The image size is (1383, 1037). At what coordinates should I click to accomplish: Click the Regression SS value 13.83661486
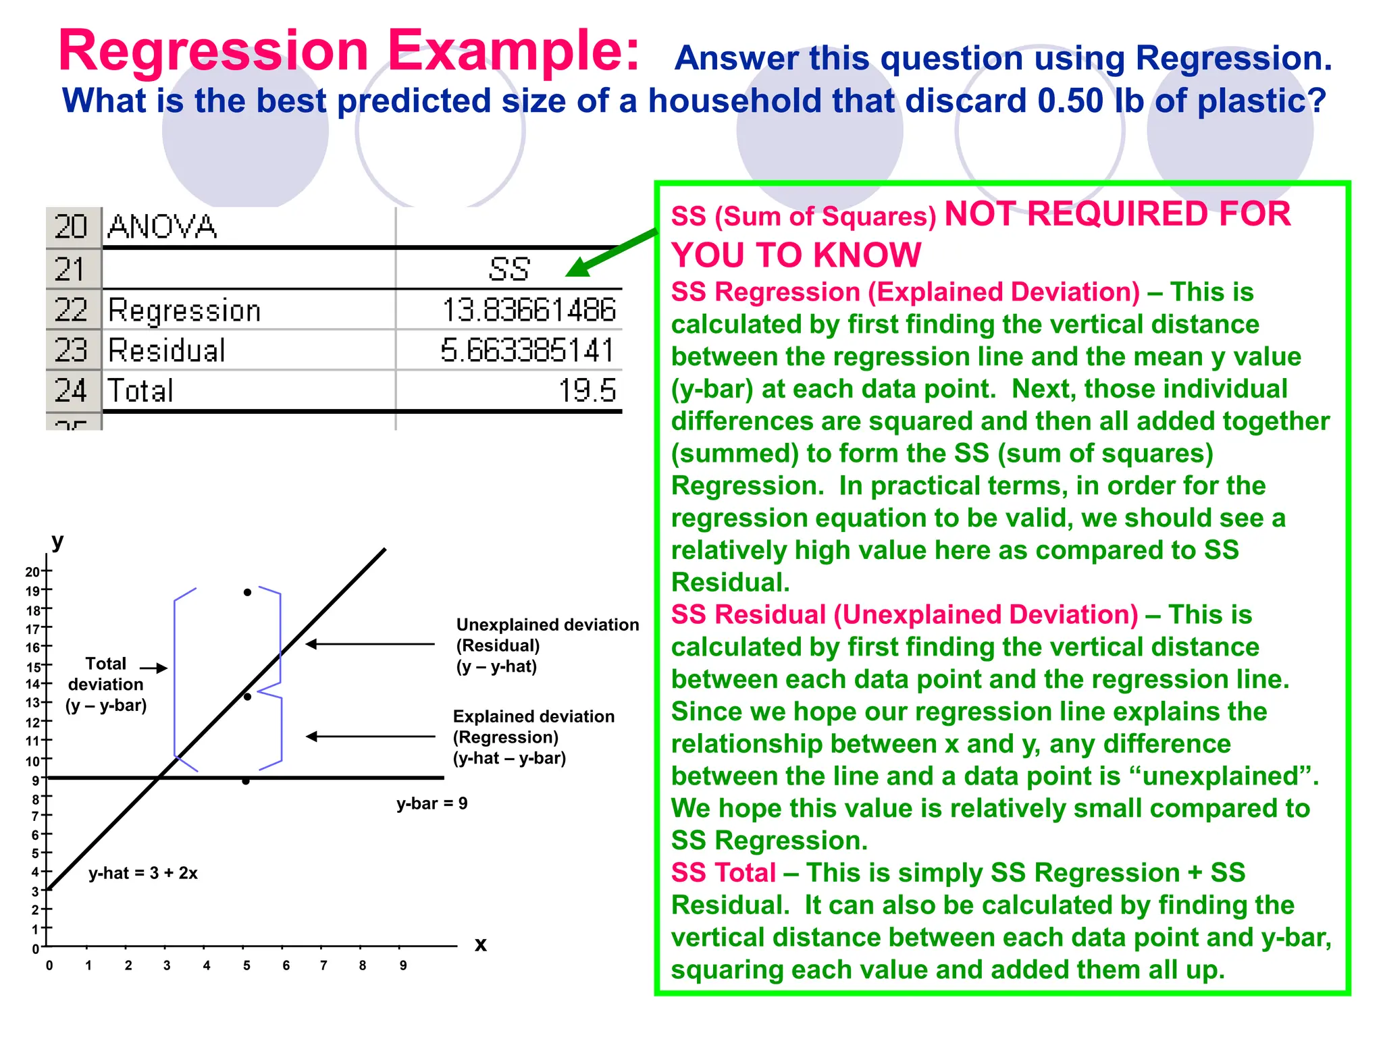(529, 310)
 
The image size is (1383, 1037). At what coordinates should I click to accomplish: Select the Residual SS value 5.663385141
(527, 350)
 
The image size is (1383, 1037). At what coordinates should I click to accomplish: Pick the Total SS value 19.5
(587, 391)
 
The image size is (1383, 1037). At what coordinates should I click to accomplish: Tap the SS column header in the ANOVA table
(509, 269)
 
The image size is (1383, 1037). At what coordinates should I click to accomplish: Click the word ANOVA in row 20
(162, 227)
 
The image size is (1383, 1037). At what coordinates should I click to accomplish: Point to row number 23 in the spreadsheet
(72, 350)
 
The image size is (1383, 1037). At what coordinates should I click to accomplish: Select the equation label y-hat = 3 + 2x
(143, 873)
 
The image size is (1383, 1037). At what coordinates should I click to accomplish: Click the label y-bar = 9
(432, 803)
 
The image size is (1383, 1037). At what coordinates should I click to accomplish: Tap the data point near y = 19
(248, 592)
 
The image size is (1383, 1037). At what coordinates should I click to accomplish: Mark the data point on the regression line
(248, 696)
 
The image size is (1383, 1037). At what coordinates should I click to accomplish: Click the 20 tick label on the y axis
(32, 572)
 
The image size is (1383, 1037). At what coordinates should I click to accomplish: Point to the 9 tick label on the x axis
(403, 965)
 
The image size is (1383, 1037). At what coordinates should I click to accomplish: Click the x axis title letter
(481, 944)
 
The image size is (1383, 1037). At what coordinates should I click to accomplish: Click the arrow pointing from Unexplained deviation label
(370, 645)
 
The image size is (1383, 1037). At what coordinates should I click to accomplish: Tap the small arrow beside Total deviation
(155, 668)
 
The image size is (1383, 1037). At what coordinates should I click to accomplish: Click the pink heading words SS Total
(723, 873)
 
